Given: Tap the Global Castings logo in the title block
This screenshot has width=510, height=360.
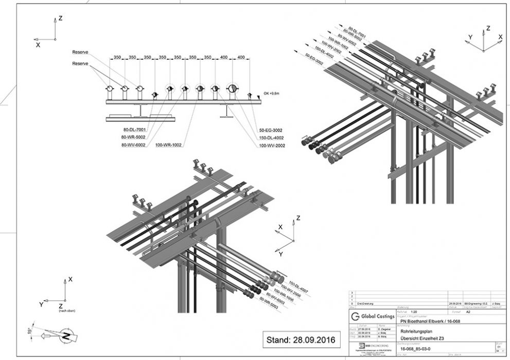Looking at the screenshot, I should [x=372, y=315].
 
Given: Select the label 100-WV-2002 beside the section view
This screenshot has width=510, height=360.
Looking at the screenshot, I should [x=272, y=146].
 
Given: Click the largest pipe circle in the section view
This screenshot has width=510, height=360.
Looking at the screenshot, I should [x=232, y=89].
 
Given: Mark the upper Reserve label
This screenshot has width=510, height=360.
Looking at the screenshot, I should [x=81, y=52].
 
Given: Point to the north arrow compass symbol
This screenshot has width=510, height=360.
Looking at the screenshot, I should [x=65, y=336].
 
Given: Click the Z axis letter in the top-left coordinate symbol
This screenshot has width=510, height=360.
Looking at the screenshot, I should [x=60, y=18].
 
